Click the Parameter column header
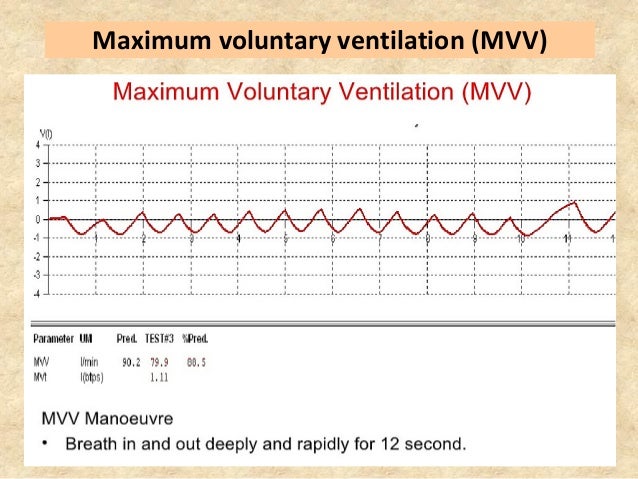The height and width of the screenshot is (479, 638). (x=53, y=338)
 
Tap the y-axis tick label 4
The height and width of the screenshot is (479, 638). (x=40, y=145)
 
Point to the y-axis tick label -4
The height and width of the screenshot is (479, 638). (x=38, y=294)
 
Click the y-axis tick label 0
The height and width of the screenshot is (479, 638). (x=40, y=219)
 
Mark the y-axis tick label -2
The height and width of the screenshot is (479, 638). (x=38, y=256)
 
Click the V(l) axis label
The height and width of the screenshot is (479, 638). (x=45, y=133)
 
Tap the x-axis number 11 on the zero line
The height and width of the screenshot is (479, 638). (x=567, y=239)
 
